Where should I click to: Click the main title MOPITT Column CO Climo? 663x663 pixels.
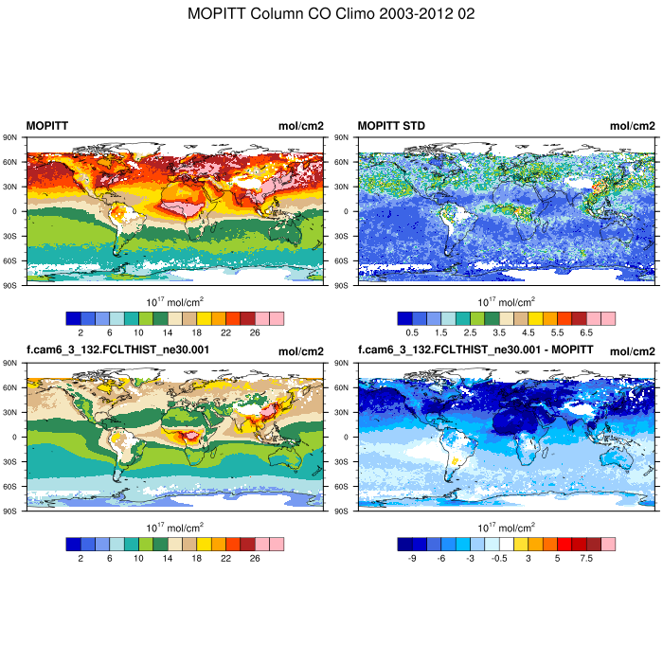point(331,14)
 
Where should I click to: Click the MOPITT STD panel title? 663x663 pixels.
point(391,126)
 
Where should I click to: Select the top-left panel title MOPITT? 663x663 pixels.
point(46,126)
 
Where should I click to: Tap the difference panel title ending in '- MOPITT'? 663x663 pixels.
point(475,350)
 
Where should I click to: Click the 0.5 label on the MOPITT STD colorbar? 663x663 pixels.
point(412,333)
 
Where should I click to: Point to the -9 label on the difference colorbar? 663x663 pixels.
point(412,559)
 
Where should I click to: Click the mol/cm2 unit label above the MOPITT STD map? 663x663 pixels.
point(632,126)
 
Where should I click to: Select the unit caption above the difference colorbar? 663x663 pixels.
point(507,527)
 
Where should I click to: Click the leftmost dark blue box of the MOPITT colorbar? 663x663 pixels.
point(73,318)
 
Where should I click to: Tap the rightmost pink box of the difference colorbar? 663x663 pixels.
point(608,544)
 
